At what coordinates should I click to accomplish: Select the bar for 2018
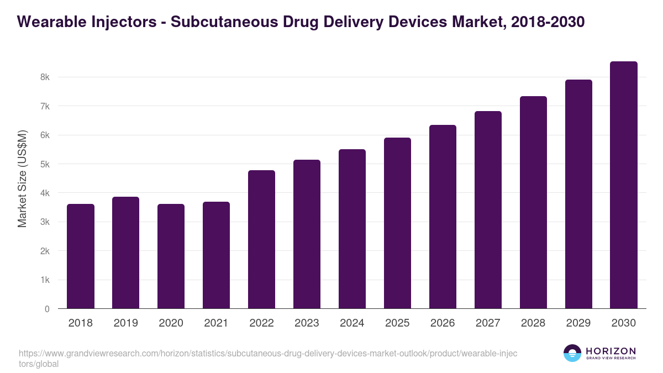pyautogui.click(x=81, y=256)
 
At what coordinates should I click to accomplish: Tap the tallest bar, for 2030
pyautogui.click(x=624, y=185)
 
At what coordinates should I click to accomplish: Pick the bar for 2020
pyautogui.click(x=171, y=256)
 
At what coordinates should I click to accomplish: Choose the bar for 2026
pyautogui.click(x=443, y=217)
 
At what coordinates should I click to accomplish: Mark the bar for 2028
pyautogui.click(x=533, y=202)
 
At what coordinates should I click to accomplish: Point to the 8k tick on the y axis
pyautogui.click(x=45, y=77)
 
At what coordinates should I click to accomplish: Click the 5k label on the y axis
pyautogui.click(x=45, y=164)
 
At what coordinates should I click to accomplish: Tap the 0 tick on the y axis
pyautogui.click(x=47, y=309)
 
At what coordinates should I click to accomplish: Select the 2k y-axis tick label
pyautogui.click(x=45, y=251)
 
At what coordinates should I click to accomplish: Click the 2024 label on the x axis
pyautogui.click(x=352, y=323)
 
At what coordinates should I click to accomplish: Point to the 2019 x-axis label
pyautogui.click(x=126, y=323)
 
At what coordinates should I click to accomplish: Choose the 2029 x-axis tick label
pyautogui.click(x=578, y=323)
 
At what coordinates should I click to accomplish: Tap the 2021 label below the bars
pyautogui.click(x=217, y=323)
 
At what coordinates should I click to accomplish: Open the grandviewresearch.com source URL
pyautogui.click(x=267, y=353)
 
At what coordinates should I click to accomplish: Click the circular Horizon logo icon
pyautogui.click(x=572, y=353)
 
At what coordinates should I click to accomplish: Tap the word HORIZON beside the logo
pyautogui.click(x=611, y=351)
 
